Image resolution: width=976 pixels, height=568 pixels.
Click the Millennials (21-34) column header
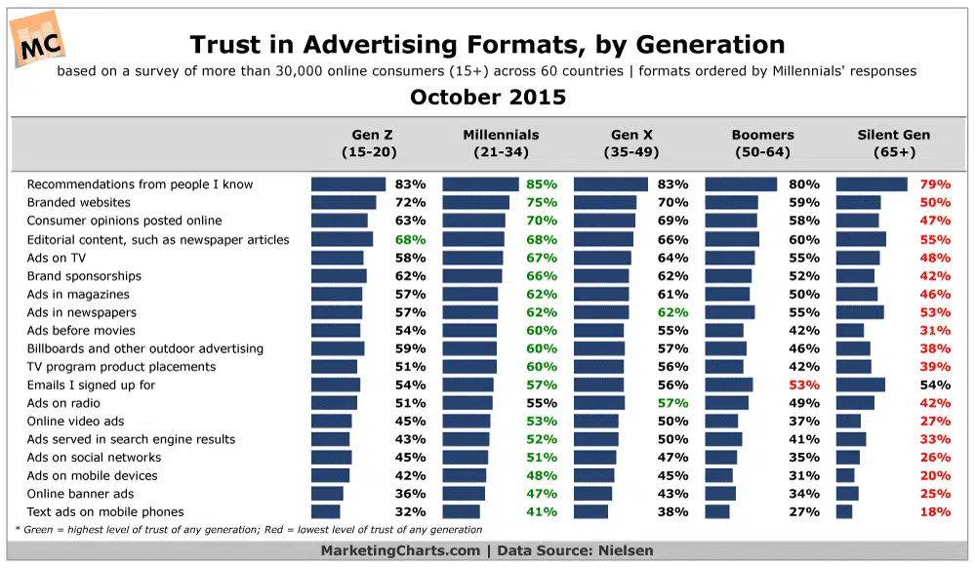click(x=501, y=143)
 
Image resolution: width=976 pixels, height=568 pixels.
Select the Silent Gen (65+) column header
click(x=893, y=143)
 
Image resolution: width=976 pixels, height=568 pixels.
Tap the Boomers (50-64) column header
click(x=762, y=143)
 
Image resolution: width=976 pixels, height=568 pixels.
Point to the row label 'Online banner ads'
click(x=79, y=494)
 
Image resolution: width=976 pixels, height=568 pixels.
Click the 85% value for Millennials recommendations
click(x=542, y=184)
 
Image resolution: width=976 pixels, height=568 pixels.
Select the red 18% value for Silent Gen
click(x=935, y=512)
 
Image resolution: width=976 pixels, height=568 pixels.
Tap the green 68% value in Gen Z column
click(x=410, y=239)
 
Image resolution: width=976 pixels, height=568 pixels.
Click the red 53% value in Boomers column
click(x=804, y=385)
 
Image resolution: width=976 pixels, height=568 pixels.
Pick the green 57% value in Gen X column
click(x=672, y=403)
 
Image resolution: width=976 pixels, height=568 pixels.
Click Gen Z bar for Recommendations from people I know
click(x=348, y=184)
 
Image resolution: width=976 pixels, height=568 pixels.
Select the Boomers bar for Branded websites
click(x=731, y=203)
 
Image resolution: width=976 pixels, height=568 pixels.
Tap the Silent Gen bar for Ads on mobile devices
click(x=845, y=475)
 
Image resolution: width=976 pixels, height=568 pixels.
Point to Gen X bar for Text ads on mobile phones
click(x=590, y=512)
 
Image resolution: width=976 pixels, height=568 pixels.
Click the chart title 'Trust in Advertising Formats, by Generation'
click(x=487, y=44)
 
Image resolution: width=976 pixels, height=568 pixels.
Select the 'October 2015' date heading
click(x=487, y=98)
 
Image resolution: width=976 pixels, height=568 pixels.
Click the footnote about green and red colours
click(x=248, y=530)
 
